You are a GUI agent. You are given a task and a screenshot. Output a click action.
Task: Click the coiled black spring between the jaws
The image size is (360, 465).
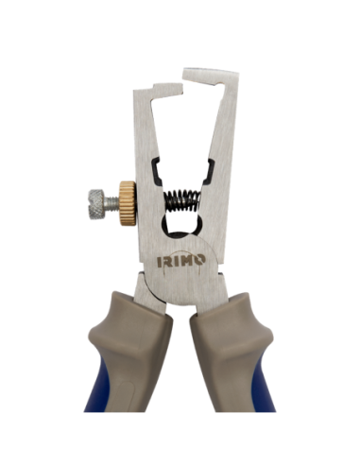[180, 201]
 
